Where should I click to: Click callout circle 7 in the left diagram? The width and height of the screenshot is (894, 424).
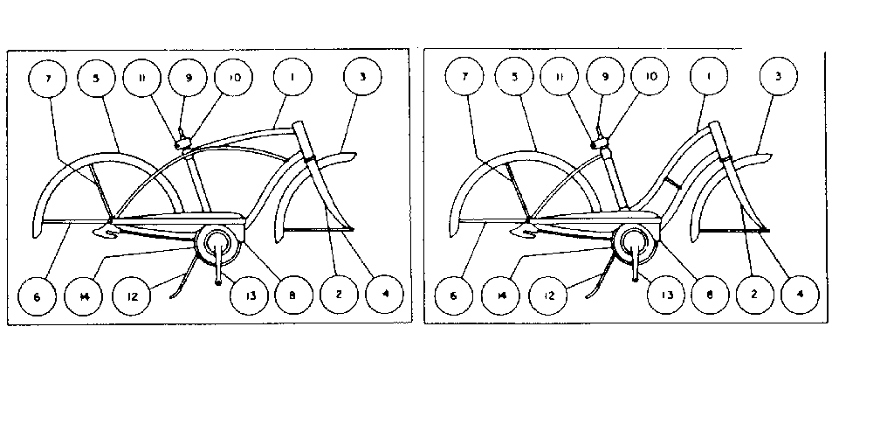click(x=49, y=79)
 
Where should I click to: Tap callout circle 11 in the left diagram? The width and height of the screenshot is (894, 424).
click(x=140, y=77)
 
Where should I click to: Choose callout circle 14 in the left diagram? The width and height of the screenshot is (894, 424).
click(x=83, y=295)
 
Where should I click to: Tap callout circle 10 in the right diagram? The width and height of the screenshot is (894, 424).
click(x=650, y=77)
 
